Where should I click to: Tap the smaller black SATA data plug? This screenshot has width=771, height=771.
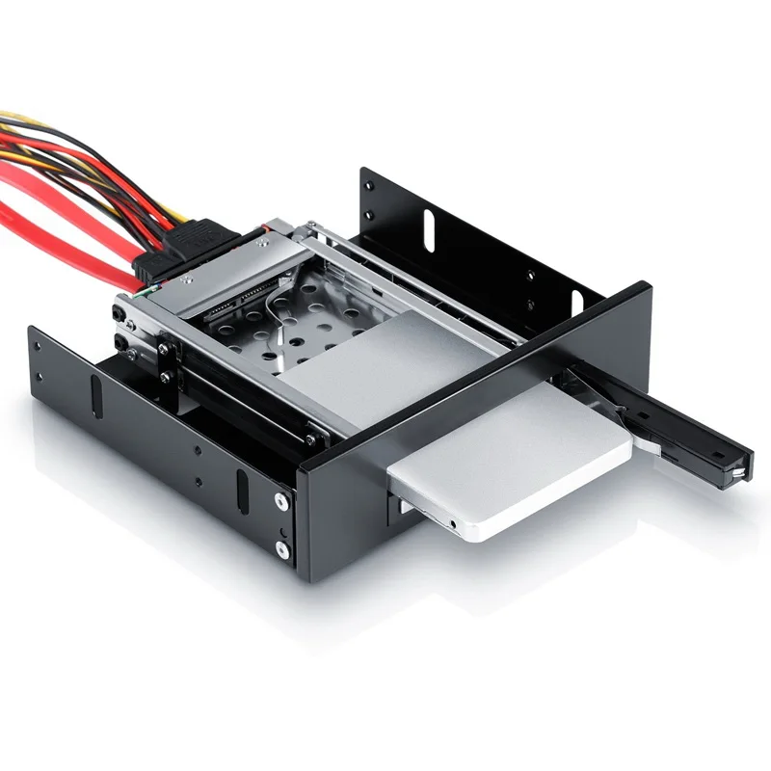[154, 266]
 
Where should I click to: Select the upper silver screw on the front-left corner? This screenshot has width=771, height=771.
[280, 501]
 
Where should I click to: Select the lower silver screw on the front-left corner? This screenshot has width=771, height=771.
[281, 549]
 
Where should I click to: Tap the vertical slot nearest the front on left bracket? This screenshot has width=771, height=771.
[241, 492]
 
